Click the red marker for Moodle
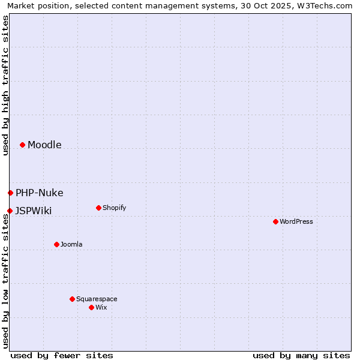tap(22, 145)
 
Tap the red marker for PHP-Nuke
tap(10, 193)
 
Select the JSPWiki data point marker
tap(10, 211)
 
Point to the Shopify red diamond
tap(98, 208)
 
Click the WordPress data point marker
tap(275, 221)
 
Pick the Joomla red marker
tap(56, 244)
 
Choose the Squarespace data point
tap(72, 299)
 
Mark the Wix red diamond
tap(91, 307)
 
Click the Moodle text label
tap(44, 145)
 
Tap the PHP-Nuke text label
tap(40, 193)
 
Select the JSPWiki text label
tap(34, 211)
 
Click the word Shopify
tap(114, 208)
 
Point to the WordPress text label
tap(296, 221)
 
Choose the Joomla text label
tap(71, 244)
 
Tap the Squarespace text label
tap(97, 299)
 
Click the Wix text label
tap(101, 307)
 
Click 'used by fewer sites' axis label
tap(62, 355)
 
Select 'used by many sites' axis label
tap(301, 355)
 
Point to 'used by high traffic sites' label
tap(5, 85)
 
